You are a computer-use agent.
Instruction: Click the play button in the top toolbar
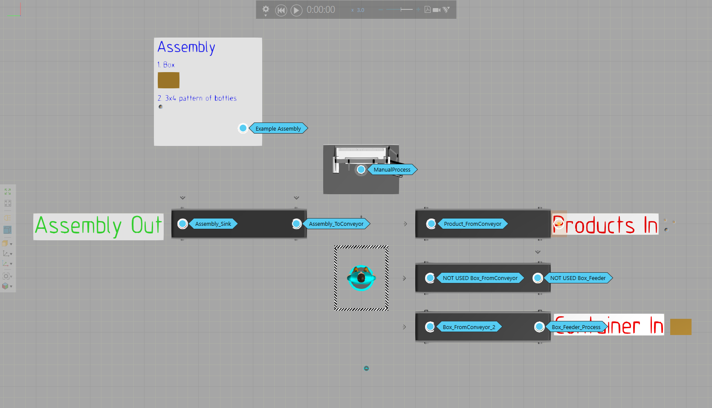296,10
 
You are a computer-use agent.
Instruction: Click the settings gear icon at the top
266,9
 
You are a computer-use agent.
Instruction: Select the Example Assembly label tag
278,128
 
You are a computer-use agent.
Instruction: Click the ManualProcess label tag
392,169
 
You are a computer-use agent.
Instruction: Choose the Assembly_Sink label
213,224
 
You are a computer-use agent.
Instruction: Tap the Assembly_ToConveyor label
336,224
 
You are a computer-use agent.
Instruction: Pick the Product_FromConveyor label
472,224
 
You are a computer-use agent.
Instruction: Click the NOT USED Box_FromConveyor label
480,278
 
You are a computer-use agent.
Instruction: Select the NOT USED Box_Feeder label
578,278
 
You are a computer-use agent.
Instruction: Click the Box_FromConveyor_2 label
469,327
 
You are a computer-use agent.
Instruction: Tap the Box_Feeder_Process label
576,327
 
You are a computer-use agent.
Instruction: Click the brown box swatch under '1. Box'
168,80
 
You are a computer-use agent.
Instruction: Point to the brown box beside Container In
680,327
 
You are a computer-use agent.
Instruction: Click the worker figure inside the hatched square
361,278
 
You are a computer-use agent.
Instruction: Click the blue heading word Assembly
186,47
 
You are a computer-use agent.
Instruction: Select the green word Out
146,225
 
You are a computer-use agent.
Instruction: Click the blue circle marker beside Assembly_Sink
182,224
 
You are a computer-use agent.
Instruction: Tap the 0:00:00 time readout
321,10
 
